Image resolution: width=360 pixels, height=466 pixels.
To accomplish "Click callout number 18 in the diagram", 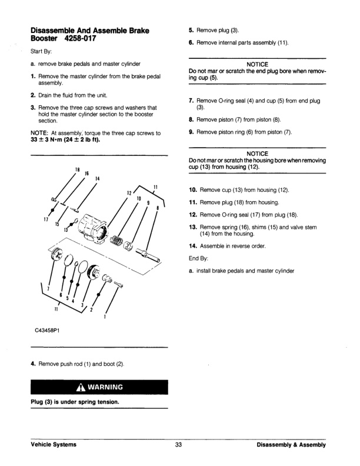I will coord(77,171).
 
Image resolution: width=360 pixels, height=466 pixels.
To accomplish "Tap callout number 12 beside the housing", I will coord(128,192).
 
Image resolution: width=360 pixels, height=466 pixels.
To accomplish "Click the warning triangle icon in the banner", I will coord(79,388).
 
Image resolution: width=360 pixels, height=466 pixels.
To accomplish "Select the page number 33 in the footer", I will coord(179,445).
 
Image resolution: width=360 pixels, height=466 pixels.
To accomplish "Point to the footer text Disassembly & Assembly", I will coord(291,445).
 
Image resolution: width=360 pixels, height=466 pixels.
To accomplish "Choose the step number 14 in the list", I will coord(192,246).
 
